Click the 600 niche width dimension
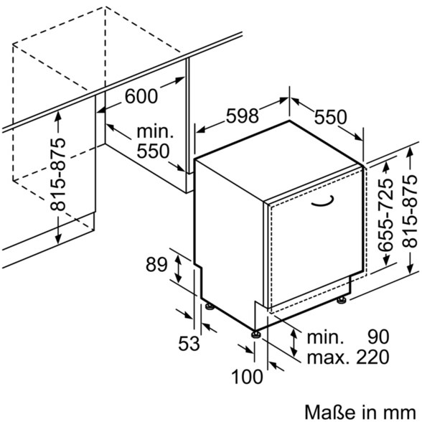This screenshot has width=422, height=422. [141, 96]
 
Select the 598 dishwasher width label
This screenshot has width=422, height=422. [243, 116]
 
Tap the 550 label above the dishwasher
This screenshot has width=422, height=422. [330, 118]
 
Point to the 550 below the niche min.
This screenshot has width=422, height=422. [153, 151]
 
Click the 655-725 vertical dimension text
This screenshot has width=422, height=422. [385, 215]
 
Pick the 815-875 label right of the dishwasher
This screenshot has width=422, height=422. [409, 211]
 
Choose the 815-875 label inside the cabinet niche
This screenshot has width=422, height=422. [57, 174]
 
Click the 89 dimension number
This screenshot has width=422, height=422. [156, 265]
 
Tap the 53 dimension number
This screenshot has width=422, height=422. [189, 343]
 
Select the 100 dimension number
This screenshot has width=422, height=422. [247, 376]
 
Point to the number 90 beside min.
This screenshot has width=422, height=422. [378, 337]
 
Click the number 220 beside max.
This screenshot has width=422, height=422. [372, 357]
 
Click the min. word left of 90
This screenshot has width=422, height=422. [325, 337]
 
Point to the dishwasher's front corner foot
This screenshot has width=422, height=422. [255, 334]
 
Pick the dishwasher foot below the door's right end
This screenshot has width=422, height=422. [342, 300]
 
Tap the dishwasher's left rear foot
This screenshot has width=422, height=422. [209, 306]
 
